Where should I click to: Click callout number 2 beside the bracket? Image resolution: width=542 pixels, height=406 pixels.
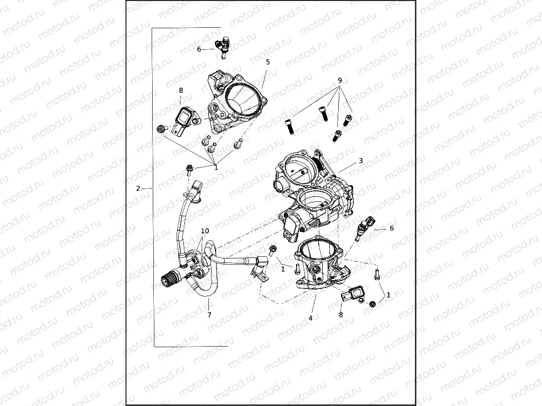coord(138,188)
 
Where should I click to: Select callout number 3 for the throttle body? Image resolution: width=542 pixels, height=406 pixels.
coord(360,161)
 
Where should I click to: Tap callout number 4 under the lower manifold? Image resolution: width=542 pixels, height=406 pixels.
coord(310,318)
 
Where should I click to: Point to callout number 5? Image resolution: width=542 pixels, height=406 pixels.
coord(268,62)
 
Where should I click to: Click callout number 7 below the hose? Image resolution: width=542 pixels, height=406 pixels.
coord(209,315)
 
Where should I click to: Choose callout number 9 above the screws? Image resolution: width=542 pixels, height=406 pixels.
coord(340,80)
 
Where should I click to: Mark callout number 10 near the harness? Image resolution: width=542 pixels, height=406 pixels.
coord(205,231)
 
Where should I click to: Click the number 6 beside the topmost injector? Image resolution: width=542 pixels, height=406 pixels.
coord(199,49)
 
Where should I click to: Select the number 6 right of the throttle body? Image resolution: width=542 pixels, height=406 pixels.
coord(392,228)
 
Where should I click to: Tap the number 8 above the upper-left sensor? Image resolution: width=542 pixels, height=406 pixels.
coord(181,90)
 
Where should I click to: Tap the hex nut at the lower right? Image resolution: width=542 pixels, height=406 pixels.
coord(373,303)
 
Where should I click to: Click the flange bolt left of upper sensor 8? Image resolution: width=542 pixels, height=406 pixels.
coord(162,129)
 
